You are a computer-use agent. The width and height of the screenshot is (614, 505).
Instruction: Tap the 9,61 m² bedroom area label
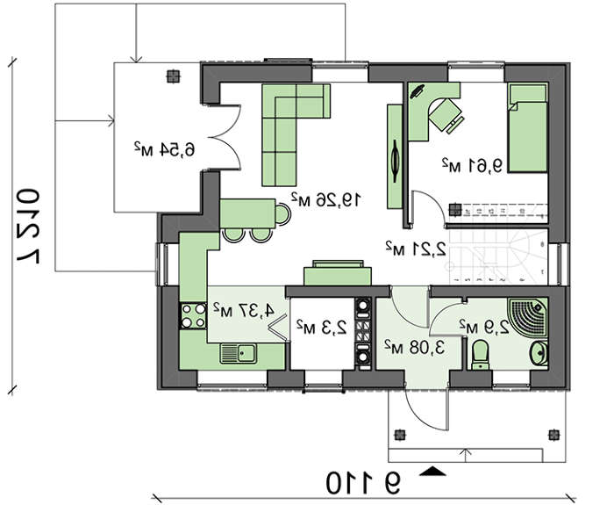coord(472,165)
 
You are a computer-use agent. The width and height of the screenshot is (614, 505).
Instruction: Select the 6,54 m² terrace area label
coord(164,149)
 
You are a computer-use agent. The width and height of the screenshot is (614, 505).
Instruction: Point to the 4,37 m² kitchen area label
coord(243,310)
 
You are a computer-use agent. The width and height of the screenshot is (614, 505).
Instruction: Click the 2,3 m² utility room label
coord(322,327)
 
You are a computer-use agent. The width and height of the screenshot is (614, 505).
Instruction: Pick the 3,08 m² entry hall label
coord(415,347)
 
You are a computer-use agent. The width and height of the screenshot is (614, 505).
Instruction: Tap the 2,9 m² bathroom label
coord(484,327)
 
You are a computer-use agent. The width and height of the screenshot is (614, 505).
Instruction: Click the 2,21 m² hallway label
coord(416,249)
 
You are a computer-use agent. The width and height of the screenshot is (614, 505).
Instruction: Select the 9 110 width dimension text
coord(364,483)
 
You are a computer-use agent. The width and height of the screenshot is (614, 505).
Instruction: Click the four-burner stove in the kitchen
coord(193,316)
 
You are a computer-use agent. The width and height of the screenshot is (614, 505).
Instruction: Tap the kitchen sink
coord(239,353)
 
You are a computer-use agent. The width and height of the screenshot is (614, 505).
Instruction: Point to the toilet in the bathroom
coord(481,355)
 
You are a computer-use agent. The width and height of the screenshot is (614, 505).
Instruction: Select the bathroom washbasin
coord(539,353)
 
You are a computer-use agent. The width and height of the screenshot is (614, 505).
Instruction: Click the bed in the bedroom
coord(527,128)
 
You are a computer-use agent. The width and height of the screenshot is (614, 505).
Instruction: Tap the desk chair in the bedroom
coord(446,114)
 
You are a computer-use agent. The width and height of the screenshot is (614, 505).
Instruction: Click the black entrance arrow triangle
coord(432,472)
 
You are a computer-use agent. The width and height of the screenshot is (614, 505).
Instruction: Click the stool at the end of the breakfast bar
coord(282,213)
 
